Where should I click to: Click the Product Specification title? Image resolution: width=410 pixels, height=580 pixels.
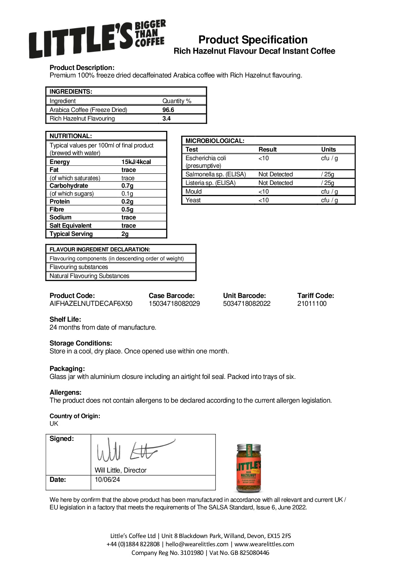coord(253,40)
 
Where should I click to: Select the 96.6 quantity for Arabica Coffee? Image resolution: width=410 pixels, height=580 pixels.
coord(168,110)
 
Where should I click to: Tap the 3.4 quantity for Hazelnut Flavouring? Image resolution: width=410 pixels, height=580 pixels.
coord(167,118)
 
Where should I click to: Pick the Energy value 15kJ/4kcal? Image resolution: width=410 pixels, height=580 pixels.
coord(136,162)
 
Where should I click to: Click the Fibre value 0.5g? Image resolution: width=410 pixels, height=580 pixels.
coord(127,209)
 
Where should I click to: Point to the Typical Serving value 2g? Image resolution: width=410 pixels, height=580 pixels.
coord(125,234)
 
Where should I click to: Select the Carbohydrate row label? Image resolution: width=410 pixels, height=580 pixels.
coord(69,186)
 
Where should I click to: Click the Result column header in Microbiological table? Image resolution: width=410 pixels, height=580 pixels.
coord(267,149)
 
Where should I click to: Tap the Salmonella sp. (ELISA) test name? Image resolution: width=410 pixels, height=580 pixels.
coord(215,174)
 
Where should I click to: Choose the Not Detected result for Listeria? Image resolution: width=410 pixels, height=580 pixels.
coord(275,183)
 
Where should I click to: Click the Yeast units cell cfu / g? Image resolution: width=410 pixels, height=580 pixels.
coord(329,200)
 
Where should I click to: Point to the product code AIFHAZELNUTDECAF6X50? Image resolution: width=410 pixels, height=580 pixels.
coord(91,303)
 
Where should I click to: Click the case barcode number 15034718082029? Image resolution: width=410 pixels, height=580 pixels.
coord(174,303)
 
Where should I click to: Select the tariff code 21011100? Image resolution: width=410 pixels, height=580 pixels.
coord(312,303)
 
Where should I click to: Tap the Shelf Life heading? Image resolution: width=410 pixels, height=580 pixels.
coord(65,319)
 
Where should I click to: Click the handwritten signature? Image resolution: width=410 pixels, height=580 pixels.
coord(134,450)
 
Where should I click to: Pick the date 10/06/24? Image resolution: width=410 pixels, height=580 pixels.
coord(107,479)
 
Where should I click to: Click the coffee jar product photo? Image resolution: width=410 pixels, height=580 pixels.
coord(249,468)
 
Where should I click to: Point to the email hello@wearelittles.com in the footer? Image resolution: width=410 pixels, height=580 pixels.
coord(197,544)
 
